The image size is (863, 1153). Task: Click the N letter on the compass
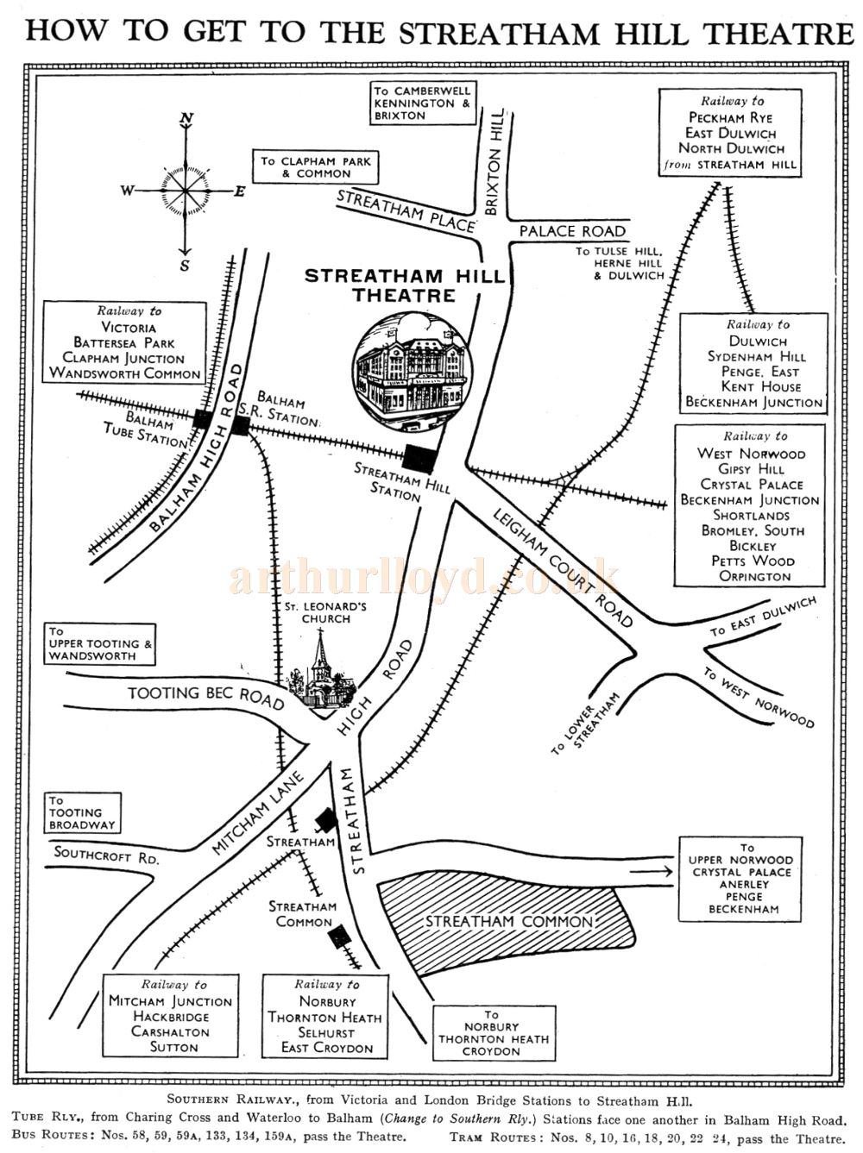coord(186,120)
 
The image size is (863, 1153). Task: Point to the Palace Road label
coord(572,231)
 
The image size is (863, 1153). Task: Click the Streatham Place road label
coord(406,210)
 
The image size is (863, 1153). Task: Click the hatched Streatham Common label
coord(509,921)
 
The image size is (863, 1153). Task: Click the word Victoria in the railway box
coord(129,328)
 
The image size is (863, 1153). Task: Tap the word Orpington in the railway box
coord(755,576)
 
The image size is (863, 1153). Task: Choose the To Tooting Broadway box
coord(93,813)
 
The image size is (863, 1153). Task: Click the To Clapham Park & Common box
coord(317,167)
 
